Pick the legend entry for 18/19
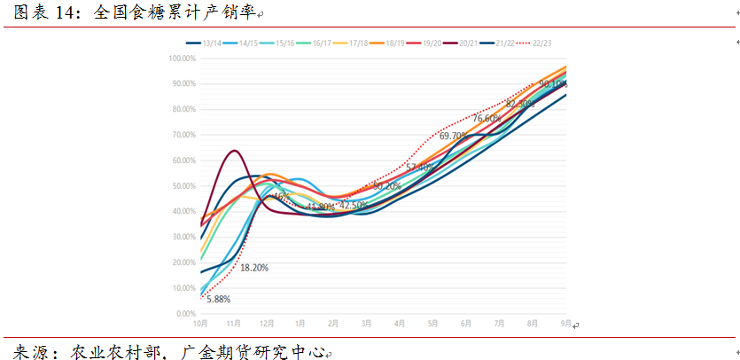pos(393,43)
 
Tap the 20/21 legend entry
pos(467,43)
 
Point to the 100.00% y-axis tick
pos(182,59)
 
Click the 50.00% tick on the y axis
pos(183,186)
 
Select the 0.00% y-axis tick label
pos(185,314)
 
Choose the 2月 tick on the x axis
pos(333,324)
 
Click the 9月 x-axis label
pos(566,324)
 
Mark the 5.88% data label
pos(206,299)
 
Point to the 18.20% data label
pos(253,267)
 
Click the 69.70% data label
pos(454,136)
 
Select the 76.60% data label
pos(486,119)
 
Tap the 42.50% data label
pos(354,205)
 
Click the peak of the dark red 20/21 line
pos(233,151)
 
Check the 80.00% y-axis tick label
pos(183,109)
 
